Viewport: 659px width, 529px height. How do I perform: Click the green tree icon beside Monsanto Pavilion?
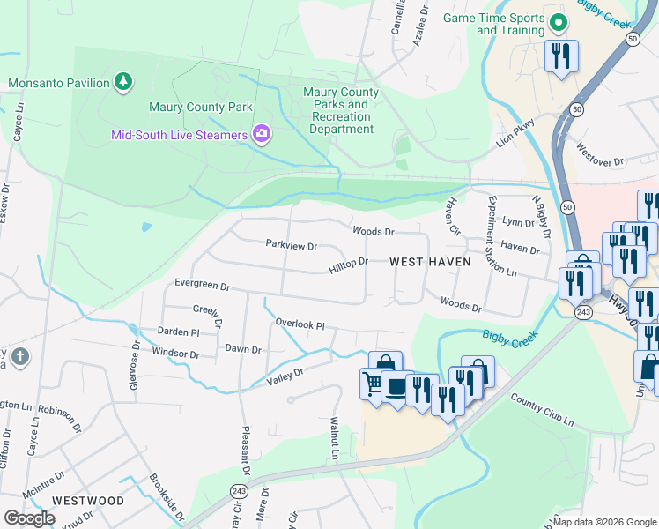click(124, 83)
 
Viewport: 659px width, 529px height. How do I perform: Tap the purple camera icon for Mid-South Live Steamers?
click(262, 134)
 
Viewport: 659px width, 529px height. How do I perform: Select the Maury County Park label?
click(200, 108)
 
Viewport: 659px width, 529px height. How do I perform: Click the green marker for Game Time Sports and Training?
click(557, 23)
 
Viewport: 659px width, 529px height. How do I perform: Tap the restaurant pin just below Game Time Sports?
click(561, 57)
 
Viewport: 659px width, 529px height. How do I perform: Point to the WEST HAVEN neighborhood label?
click(430, 262)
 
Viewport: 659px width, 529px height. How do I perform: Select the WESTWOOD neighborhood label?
click(88, 500)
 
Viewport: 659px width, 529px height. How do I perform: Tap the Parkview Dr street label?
click(291, 244)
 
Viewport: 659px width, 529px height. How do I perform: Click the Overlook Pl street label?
click(300, 324)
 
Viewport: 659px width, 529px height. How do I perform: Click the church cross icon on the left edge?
click(21, 357)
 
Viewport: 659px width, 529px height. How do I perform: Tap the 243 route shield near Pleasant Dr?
click(238, 490)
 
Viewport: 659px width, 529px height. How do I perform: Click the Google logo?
click(30, 518)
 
